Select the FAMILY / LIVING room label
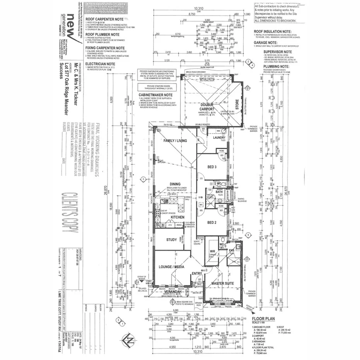175,141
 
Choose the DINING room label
175,184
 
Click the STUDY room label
172,240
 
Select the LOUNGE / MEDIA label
171,267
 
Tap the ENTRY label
197,274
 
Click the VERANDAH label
172,292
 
